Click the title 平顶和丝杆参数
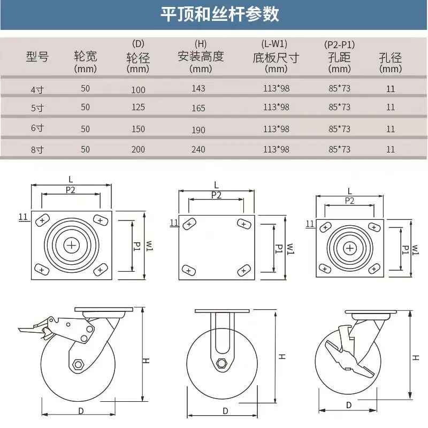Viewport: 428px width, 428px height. point(220,14)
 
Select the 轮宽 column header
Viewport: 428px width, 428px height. point(86,57)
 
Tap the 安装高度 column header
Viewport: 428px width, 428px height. point(201,56)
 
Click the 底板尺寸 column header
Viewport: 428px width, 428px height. point(276,57)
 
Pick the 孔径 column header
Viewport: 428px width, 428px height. point(390,57)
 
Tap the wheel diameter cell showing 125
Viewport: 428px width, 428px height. point(138,107)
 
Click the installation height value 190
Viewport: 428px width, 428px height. point(198,129)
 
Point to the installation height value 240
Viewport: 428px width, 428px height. point(198,149)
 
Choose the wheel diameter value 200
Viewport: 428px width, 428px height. point(138,149)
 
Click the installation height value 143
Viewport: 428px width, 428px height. point(198,88)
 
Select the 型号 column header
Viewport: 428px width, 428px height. point(37,57)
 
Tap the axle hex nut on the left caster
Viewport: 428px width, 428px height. point(79,365)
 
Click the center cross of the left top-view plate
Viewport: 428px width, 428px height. point(71,245)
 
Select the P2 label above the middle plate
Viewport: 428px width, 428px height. point(216,195)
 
